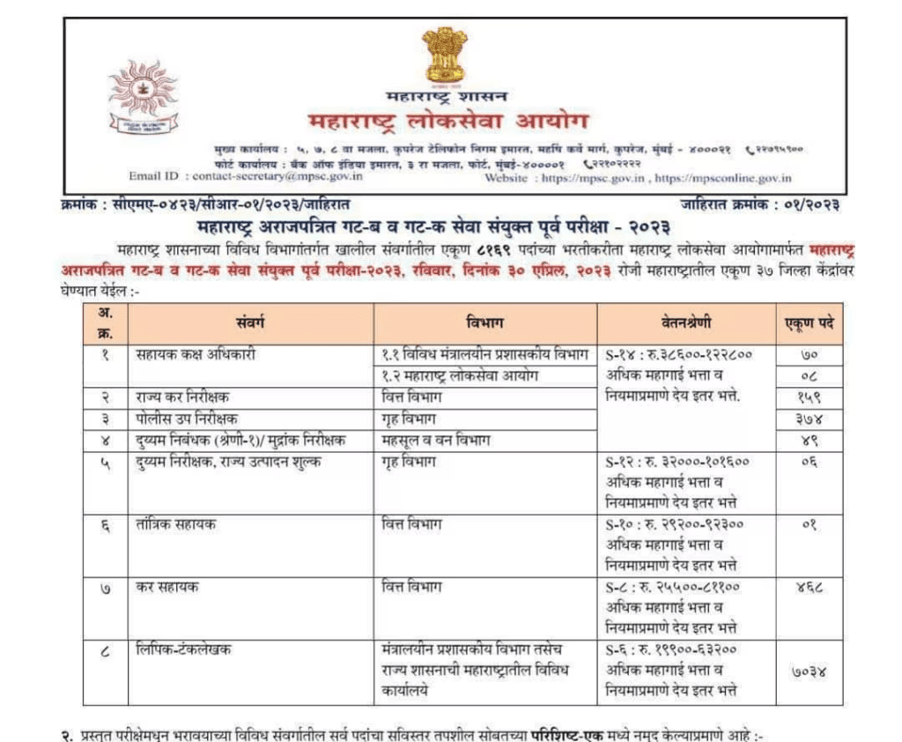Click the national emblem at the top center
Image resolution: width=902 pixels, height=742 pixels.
[x=444, y=55]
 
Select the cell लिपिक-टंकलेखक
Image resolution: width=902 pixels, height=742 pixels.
[x=186, y=650]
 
